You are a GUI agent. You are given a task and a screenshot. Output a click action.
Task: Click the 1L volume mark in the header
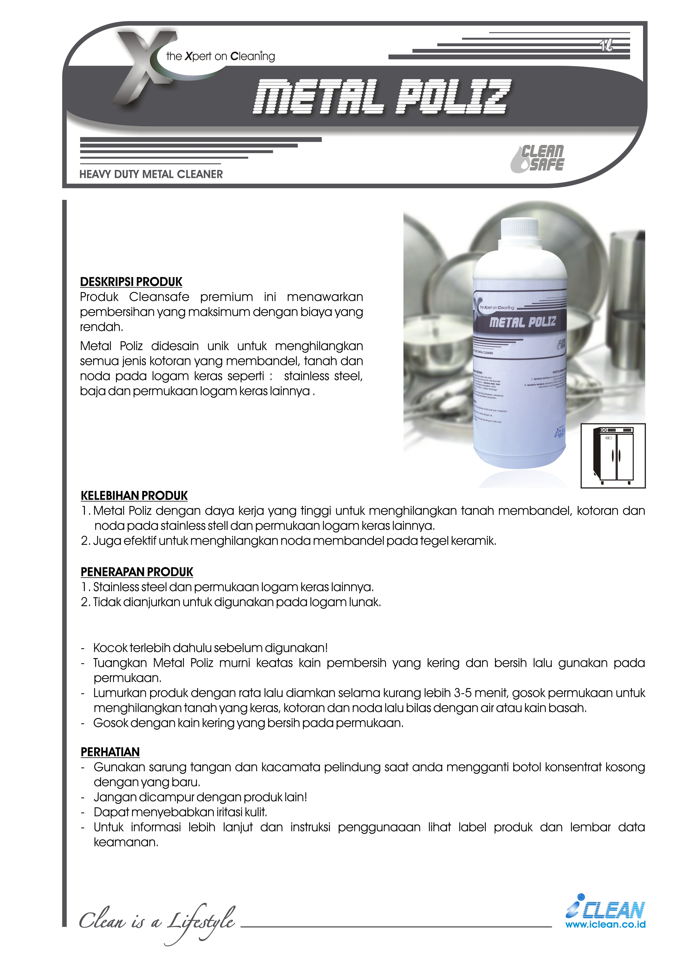click(x=606, y=46)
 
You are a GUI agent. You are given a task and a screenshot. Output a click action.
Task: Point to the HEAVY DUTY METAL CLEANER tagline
click(x=151, y=174)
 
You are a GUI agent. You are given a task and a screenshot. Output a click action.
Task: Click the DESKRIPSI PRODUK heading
click(x=131, y=282)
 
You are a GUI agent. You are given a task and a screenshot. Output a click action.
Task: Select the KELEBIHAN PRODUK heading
click(x=134, y=496)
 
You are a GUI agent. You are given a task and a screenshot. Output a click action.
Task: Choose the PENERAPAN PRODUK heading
click(x=137, y=572)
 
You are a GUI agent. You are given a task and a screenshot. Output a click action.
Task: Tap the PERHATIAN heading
click(x=110, y=752)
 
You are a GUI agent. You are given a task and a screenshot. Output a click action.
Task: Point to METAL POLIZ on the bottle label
click(x=523, y=322)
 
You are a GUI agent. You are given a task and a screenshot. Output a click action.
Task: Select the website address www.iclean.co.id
click(x=605, y=924)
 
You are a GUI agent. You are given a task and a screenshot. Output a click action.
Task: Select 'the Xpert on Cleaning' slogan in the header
click(x=220, y=56)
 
